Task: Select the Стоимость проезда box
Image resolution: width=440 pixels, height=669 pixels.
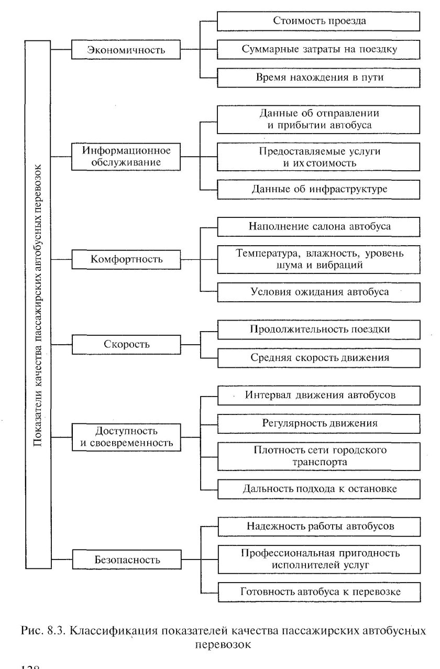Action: (318, 21)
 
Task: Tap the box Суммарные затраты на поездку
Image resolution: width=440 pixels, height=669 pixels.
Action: (318, 49)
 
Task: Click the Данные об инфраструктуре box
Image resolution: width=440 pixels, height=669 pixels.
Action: (318, 189)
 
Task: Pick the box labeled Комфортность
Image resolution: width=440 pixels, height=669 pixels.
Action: (126, 259)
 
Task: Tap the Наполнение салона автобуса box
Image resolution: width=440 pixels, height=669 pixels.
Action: (318, 226)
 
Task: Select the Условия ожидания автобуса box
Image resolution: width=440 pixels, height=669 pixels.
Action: (318, 292)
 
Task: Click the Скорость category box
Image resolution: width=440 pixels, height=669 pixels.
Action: (126, 344)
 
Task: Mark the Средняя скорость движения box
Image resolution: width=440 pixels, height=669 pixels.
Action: (318, 358)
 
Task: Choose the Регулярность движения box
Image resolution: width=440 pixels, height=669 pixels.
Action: (318, 422)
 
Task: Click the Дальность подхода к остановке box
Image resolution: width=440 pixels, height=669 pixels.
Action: (318, 489)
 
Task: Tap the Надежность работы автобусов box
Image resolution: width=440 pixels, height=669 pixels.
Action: (318, 526)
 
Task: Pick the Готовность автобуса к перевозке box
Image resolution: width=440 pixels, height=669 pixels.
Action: (318, 592)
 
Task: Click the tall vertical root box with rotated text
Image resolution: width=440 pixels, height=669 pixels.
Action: (38, 304)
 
